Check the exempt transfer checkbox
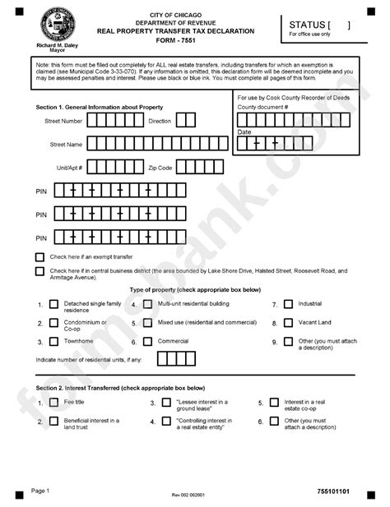(x=40, y=256)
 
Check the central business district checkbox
(x=40, y=270)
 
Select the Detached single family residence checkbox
(x=54, y=304)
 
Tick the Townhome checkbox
(x=54, y=341)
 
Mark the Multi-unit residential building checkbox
(x=146, y=304)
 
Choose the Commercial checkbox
(x=146, y=341)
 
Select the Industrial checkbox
(x=287, y=304)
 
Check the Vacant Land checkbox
(x=287, y=322)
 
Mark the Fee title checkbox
(x=54, y=403)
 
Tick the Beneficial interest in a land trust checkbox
(x=54, y=422)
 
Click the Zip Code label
(x=160, y=167)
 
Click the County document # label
(x=262, y=107)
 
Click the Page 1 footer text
(x=40, y=491)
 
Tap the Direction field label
(x=160, y=121)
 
